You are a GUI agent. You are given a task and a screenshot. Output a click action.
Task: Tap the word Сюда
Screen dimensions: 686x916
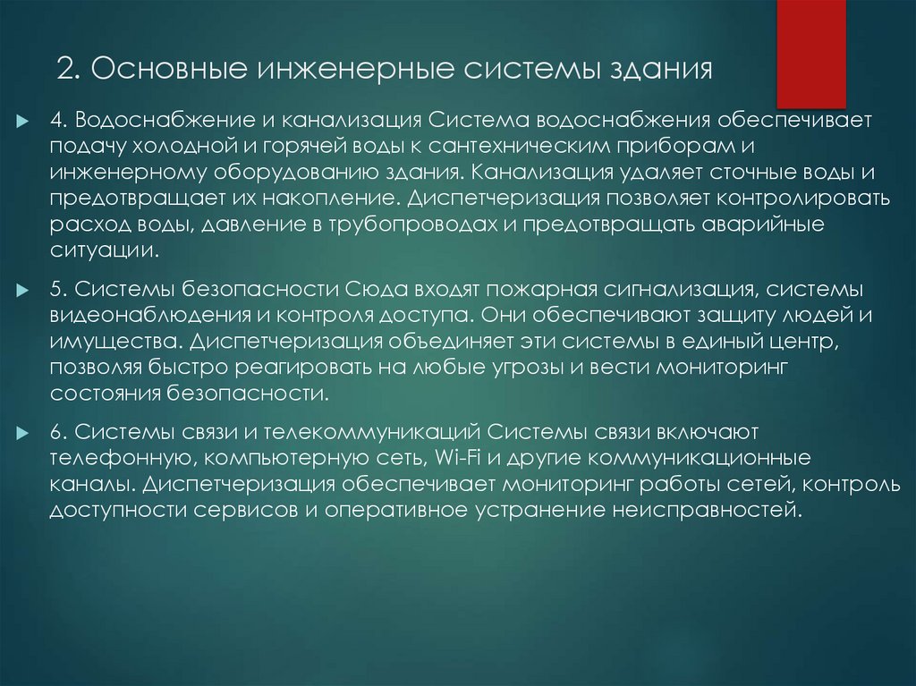pos(373,291)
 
